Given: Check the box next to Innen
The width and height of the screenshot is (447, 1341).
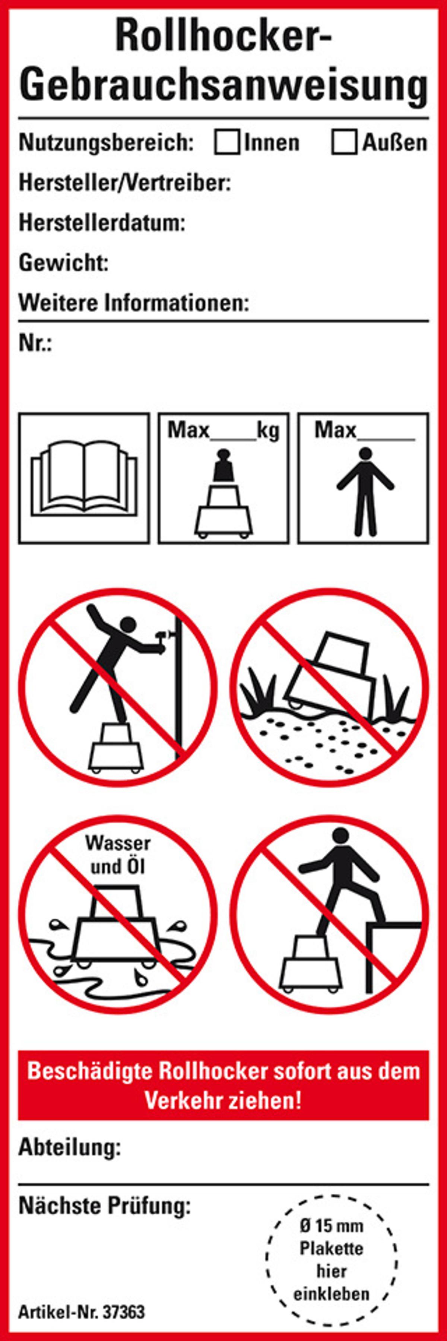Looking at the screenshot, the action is pos(227,142).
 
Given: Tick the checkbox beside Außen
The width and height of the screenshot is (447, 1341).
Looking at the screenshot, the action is pos(344,142).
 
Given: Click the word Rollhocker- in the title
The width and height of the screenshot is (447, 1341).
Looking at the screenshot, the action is pos(224,35).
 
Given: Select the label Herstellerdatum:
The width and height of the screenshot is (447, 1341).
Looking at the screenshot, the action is pos(102,223).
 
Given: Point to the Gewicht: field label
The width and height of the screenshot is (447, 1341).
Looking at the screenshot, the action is pos(63,262).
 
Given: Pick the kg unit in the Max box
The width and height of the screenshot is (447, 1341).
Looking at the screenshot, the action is pos(268,431).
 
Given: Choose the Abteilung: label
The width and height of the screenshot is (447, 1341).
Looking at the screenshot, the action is pos(70,1147).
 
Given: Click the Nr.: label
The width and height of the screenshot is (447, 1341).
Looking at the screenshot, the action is pos(35,344).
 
